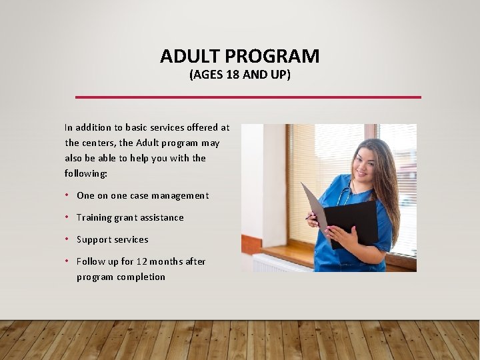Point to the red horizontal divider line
click(x=248, y=97)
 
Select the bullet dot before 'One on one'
click(x=68, y=195)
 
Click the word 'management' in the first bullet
click(x=180, y=195)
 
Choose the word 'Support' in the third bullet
click(x=94, y=239)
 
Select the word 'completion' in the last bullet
click(x=141, y=277)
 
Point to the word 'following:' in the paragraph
click(x=86, y=173)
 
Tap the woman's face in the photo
click(x=366, y=164)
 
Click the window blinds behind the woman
click(x=313, y=160)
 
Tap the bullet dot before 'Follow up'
click(x=68, y=261)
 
